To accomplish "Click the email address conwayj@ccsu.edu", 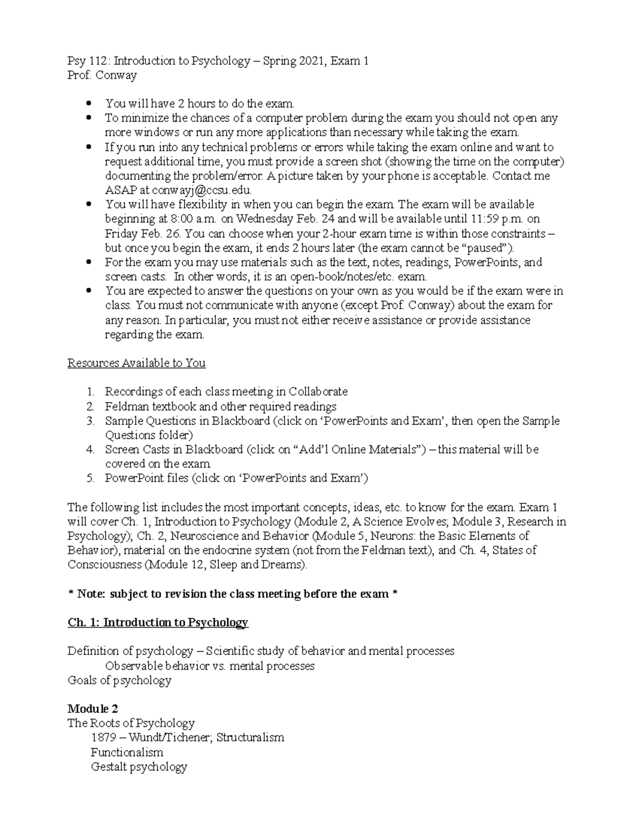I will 201,190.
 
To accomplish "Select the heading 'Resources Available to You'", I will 136,363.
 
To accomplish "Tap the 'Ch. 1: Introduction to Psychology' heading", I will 158,623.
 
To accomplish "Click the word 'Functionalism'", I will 127,752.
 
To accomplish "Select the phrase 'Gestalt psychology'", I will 139,767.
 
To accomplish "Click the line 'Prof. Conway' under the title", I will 102,75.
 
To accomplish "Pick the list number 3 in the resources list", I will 91,421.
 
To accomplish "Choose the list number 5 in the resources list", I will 91,478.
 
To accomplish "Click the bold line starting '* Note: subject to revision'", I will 233,594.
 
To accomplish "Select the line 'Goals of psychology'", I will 119,681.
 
